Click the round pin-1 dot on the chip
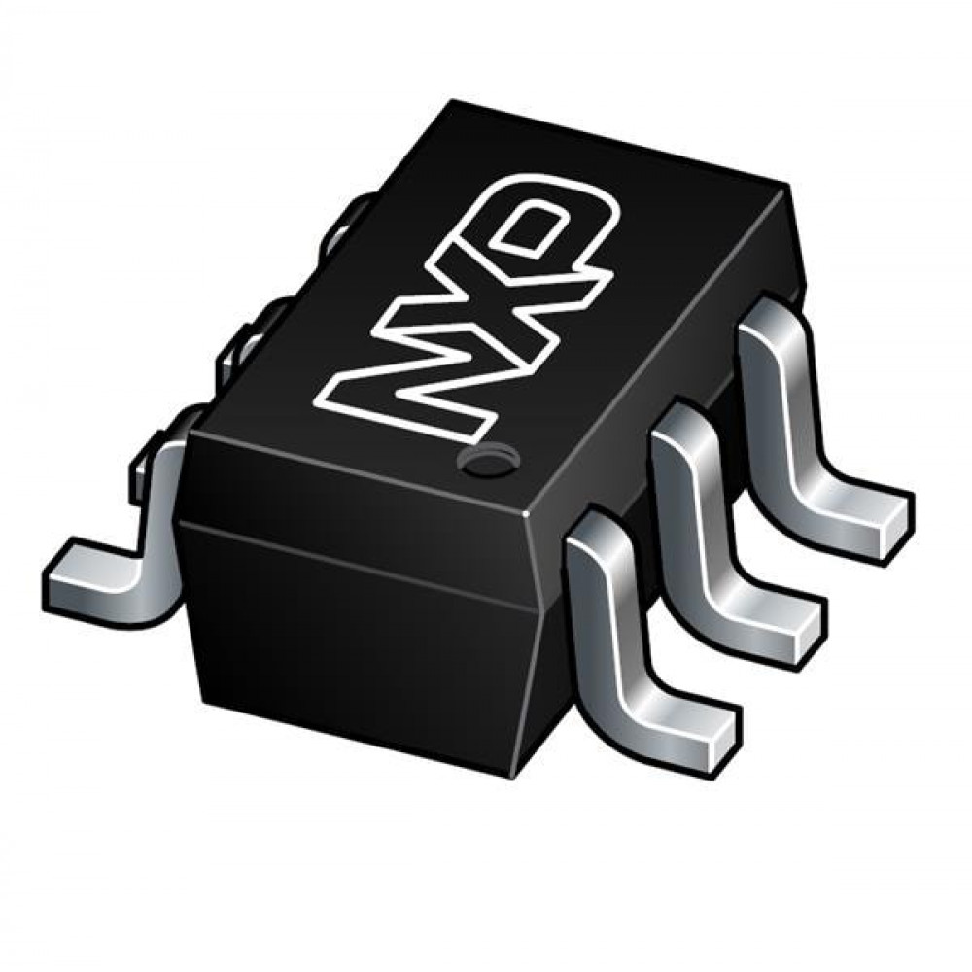pos(487,460)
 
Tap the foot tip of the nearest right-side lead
pos(722,740)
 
